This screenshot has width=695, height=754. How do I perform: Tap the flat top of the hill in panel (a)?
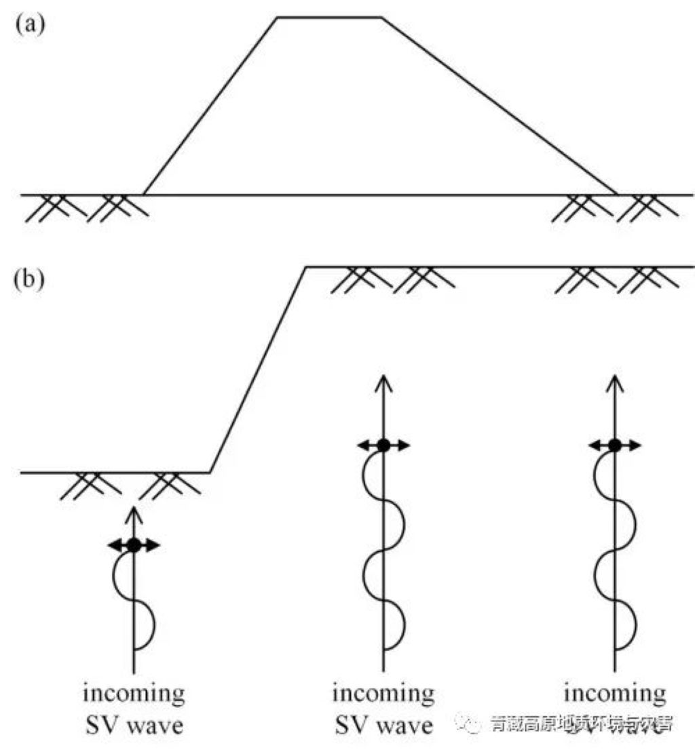329,18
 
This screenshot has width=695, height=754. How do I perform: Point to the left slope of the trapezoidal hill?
210,106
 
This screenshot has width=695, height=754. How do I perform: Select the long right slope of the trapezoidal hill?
499,106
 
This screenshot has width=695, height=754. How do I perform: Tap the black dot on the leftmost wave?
134,544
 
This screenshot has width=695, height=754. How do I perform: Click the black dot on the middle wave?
383,445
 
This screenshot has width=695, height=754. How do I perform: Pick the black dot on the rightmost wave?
615,445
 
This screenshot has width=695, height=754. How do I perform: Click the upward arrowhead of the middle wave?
383,380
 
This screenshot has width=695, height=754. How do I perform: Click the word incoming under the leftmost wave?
134,695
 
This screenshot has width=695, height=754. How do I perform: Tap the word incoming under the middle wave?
383,695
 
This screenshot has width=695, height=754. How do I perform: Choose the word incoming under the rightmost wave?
615,695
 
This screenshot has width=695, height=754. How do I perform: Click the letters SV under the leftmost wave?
102,726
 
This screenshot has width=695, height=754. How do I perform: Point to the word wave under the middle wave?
405,726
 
